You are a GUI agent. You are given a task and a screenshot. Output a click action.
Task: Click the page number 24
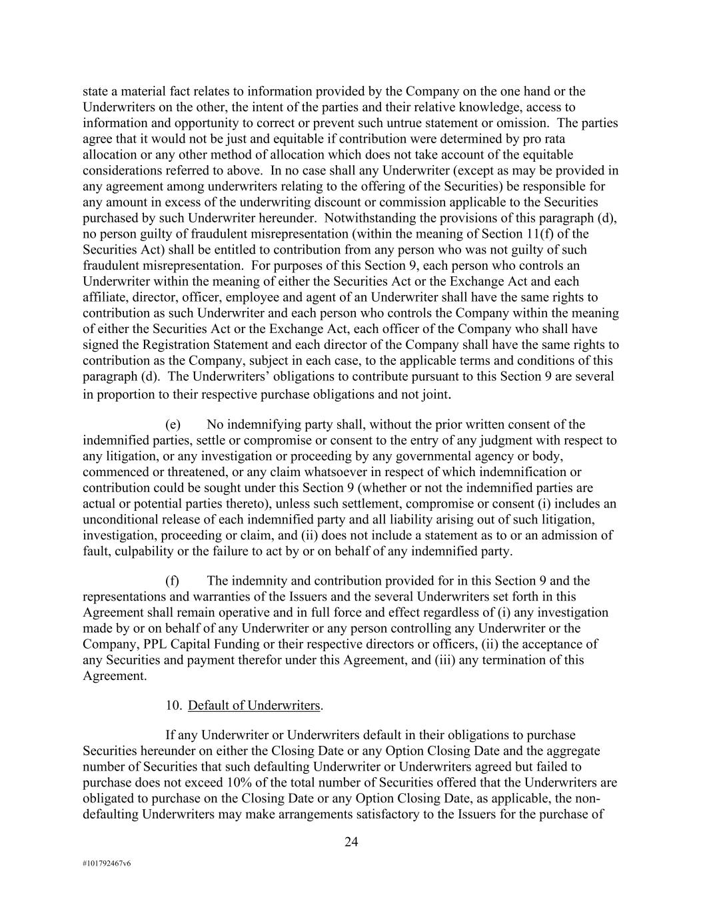351,842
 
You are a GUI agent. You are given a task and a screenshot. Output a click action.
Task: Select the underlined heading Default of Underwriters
255,706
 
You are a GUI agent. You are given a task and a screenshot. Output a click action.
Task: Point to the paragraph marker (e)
173,425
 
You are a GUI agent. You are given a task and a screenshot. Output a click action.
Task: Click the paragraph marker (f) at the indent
173,581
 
